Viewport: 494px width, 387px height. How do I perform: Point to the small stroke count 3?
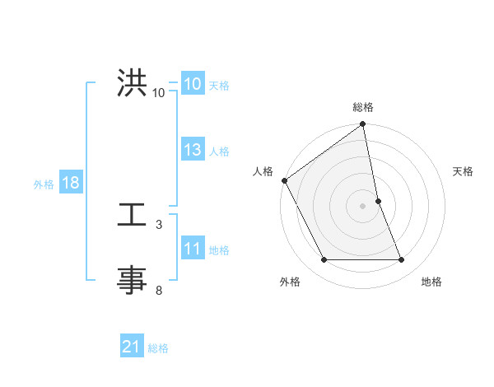tap(159, 224)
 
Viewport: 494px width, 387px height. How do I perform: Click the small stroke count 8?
tap(159, 290)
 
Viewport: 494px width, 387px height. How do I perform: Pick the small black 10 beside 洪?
tap(159, 93)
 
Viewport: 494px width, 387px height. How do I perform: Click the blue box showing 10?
tap(193, 84)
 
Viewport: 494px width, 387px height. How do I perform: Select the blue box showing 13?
tap(193, 150)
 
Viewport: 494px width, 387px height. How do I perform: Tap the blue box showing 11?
tap(193, 249)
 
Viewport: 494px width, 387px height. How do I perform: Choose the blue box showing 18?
tap(71, 183)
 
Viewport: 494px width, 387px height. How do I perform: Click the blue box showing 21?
tap(132, 347)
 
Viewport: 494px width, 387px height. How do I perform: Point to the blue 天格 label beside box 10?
tap(219, 85)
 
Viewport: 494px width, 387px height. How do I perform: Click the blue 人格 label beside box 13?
tap(219, 152)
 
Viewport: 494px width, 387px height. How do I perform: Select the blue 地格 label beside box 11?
tap(219, 250)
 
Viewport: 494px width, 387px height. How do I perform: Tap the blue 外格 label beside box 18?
tap(44, 184)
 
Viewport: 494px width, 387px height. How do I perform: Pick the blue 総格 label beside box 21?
tap(158, 348)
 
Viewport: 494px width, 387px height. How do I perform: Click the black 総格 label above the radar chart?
tap(363, 107)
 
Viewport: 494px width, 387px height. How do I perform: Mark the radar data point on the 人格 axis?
tap(284, 180)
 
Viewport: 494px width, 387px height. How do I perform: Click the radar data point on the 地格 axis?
tap(402, 260)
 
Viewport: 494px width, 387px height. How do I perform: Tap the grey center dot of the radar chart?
tap(363, 206)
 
